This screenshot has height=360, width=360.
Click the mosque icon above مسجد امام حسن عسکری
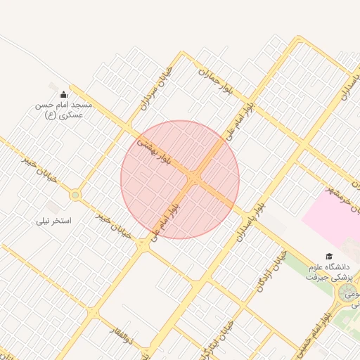pyautogui.click(x=64, y=95)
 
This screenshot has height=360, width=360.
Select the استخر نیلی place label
pyautogui.click(x=54, y=221)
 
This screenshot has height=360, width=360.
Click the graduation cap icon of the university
pyautogui.click(x=328, y=257)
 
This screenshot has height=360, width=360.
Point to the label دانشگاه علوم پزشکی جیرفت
pyautogui.click(x=328, y=272)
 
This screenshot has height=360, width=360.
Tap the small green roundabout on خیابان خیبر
pyautogui.click(x=75, y=195)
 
